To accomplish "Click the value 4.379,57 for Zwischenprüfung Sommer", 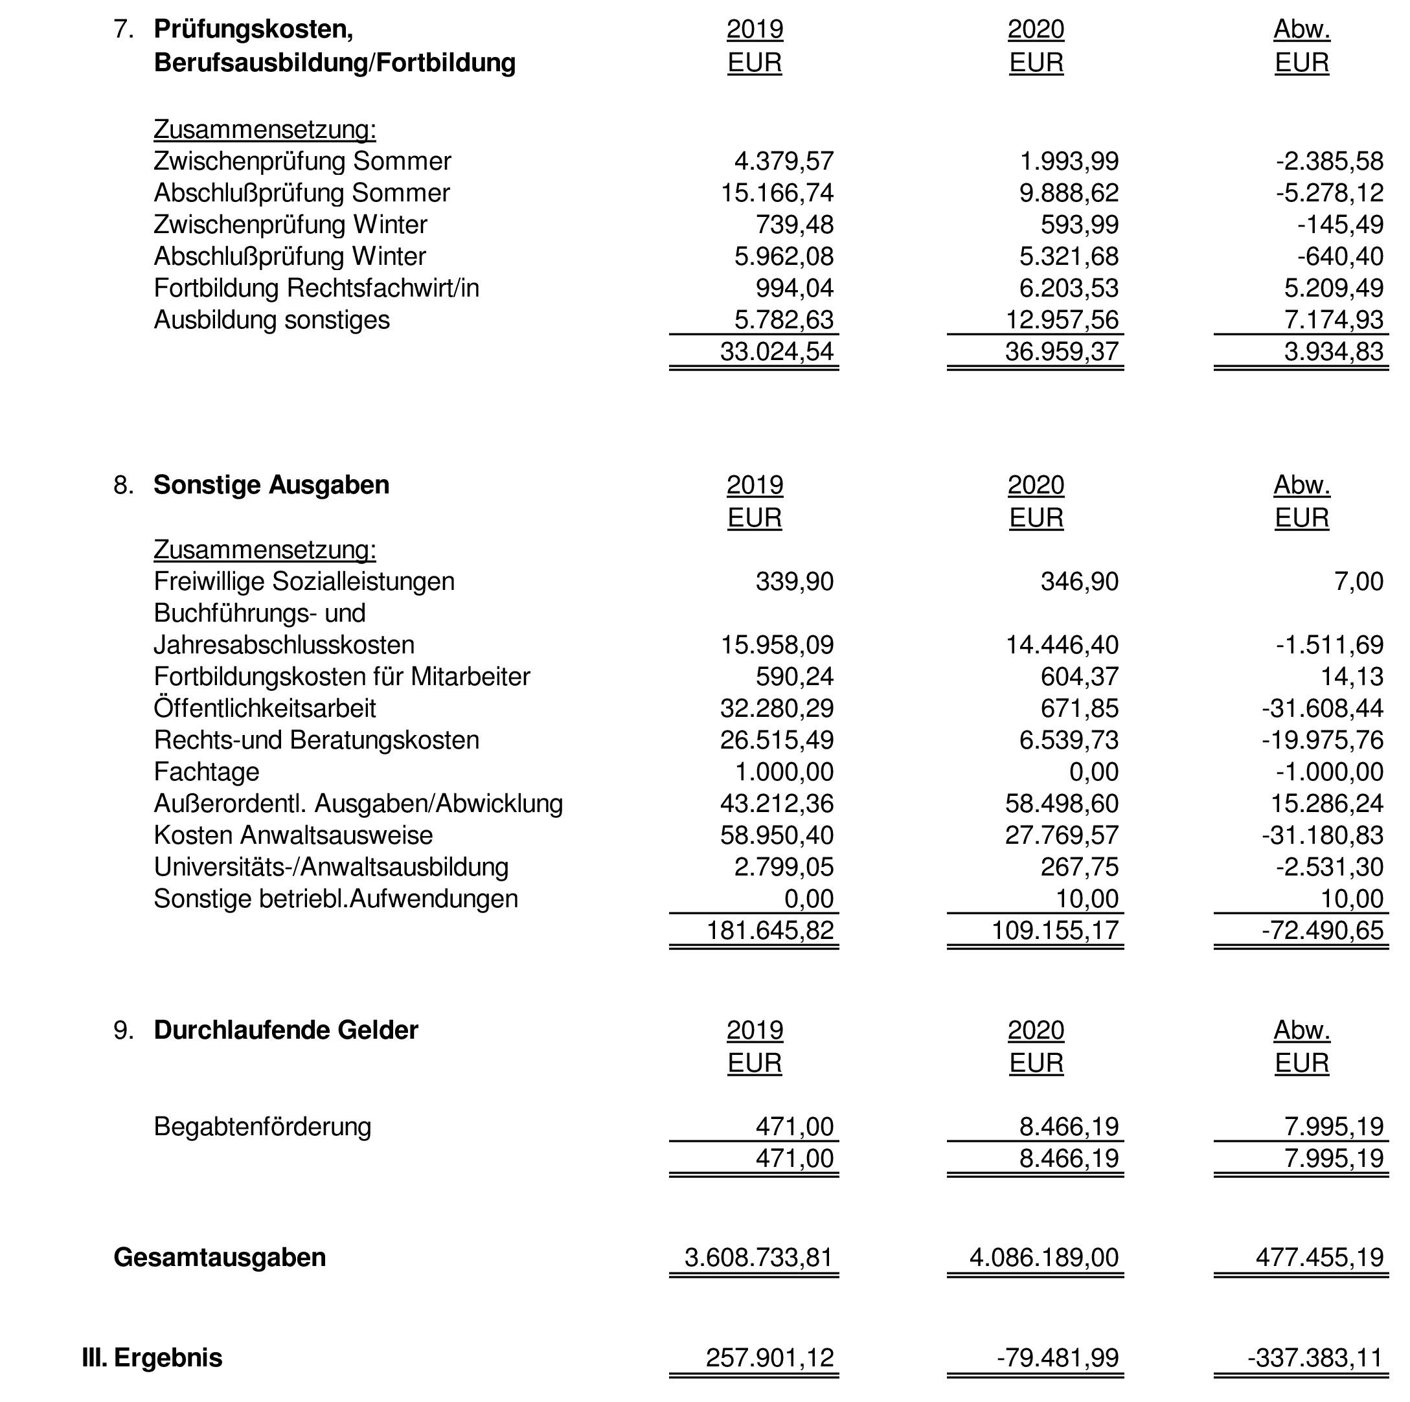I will (783, 161).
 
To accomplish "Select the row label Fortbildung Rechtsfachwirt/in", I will (316, 288).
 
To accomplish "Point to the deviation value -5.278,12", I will (1329, 193).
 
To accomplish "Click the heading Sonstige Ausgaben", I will (271, 485).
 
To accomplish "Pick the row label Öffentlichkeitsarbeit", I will (264, 708).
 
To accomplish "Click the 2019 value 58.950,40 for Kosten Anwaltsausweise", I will (777, 835).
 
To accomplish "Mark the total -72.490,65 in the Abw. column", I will (1322, 931).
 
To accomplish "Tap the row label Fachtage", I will (207, 771).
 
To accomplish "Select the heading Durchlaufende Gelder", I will (286, 1030).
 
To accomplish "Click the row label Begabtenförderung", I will (262, 1126).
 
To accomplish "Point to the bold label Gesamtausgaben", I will (220, 1257).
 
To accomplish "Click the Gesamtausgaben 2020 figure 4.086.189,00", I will (1043, 1257).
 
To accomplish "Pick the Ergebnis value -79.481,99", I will (1058, 1357).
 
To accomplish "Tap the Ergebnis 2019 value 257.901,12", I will (769, 1357).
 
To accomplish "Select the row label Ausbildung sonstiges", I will (271, 320).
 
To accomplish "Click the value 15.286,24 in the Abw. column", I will (1327, 804).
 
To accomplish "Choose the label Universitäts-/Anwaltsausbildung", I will (330, 867).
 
